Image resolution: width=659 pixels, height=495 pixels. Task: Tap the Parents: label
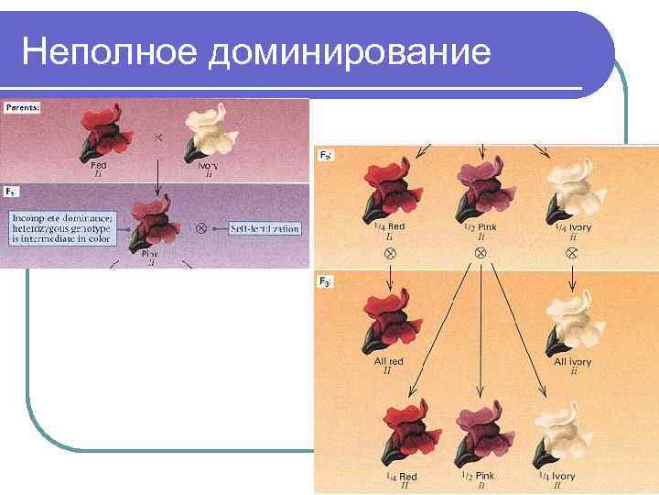[23, 108]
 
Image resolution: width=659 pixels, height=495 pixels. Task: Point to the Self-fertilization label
[265, 228]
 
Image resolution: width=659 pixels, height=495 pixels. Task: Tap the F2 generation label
[326, 156]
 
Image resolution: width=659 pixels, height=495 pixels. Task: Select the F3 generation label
[326, 281]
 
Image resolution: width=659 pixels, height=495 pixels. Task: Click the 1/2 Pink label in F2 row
[479, 226]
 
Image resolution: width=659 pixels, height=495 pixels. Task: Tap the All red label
[388, 362]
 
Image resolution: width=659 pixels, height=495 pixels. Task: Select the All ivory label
[573, 362]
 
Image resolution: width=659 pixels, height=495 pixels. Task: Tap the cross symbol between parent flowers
[158, 137]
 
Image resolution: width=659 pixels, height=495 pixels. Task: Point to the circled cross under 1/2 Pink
[480, 250]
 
